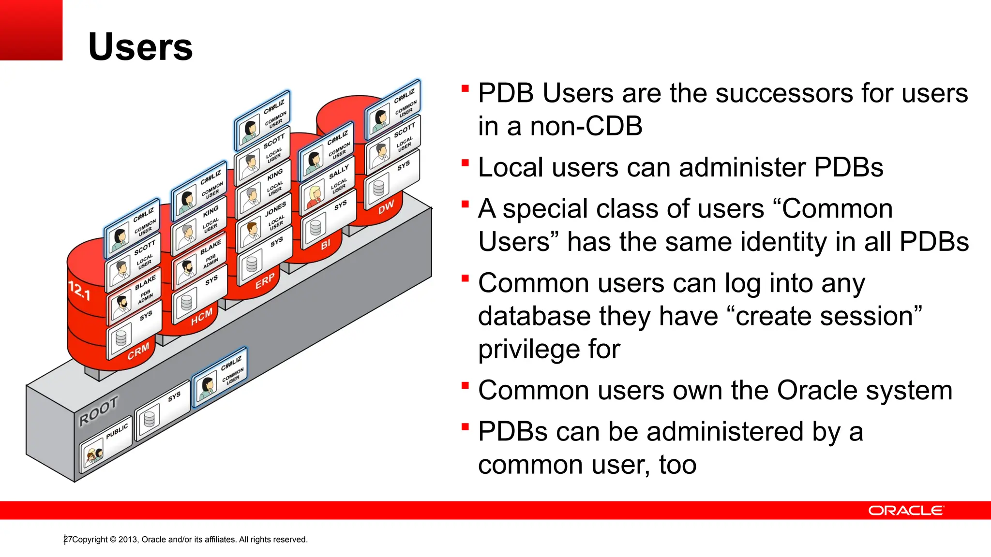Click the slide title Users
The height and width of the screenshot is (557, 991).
[x=140, y=47]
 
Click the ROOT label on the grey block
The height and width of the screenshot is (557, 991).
[x=99, y=410]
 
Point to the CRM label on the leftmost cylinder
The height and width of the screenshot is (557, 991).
[x=138, y=352]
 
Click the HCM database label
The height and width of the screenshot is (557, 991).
[x=201, y=317]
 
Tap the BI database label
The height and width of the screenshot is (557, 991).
[x=326, y=244]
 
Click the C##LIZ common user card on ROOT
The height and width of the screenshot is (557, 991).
[x=220, y=378]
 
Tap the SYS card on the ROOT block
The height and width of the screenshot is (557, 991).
[x=163, y=410]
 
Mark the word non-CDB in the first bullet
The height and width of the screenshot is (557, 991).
[x=586, y=126]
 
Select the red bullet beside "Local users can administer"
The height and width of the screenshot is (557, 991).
[x=465, y=162]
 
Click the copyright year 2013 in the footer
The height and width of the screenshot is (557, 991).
[x=128, y=540]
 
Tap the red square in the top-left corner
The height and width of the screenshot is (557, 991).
[x=31, y=30]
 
